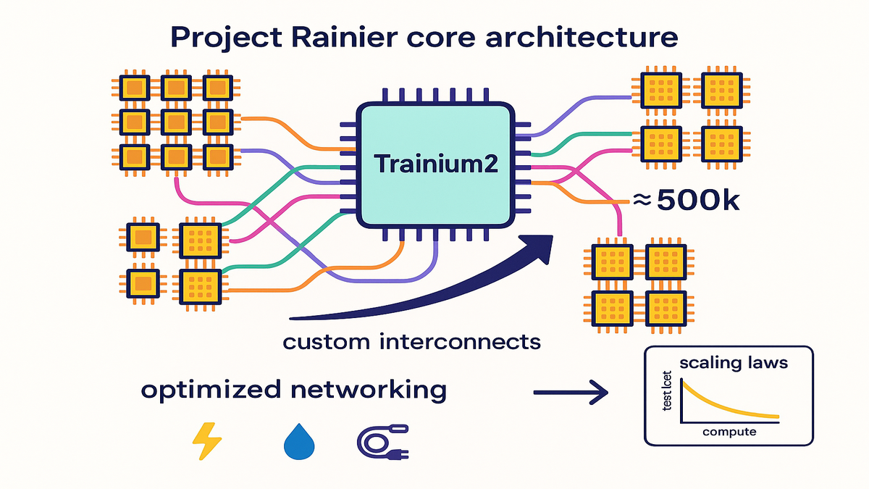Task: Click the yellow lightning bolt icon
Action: (204, 439)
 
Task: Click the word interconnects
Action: (458, 342)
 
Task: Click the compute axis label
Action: (729, 432)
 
